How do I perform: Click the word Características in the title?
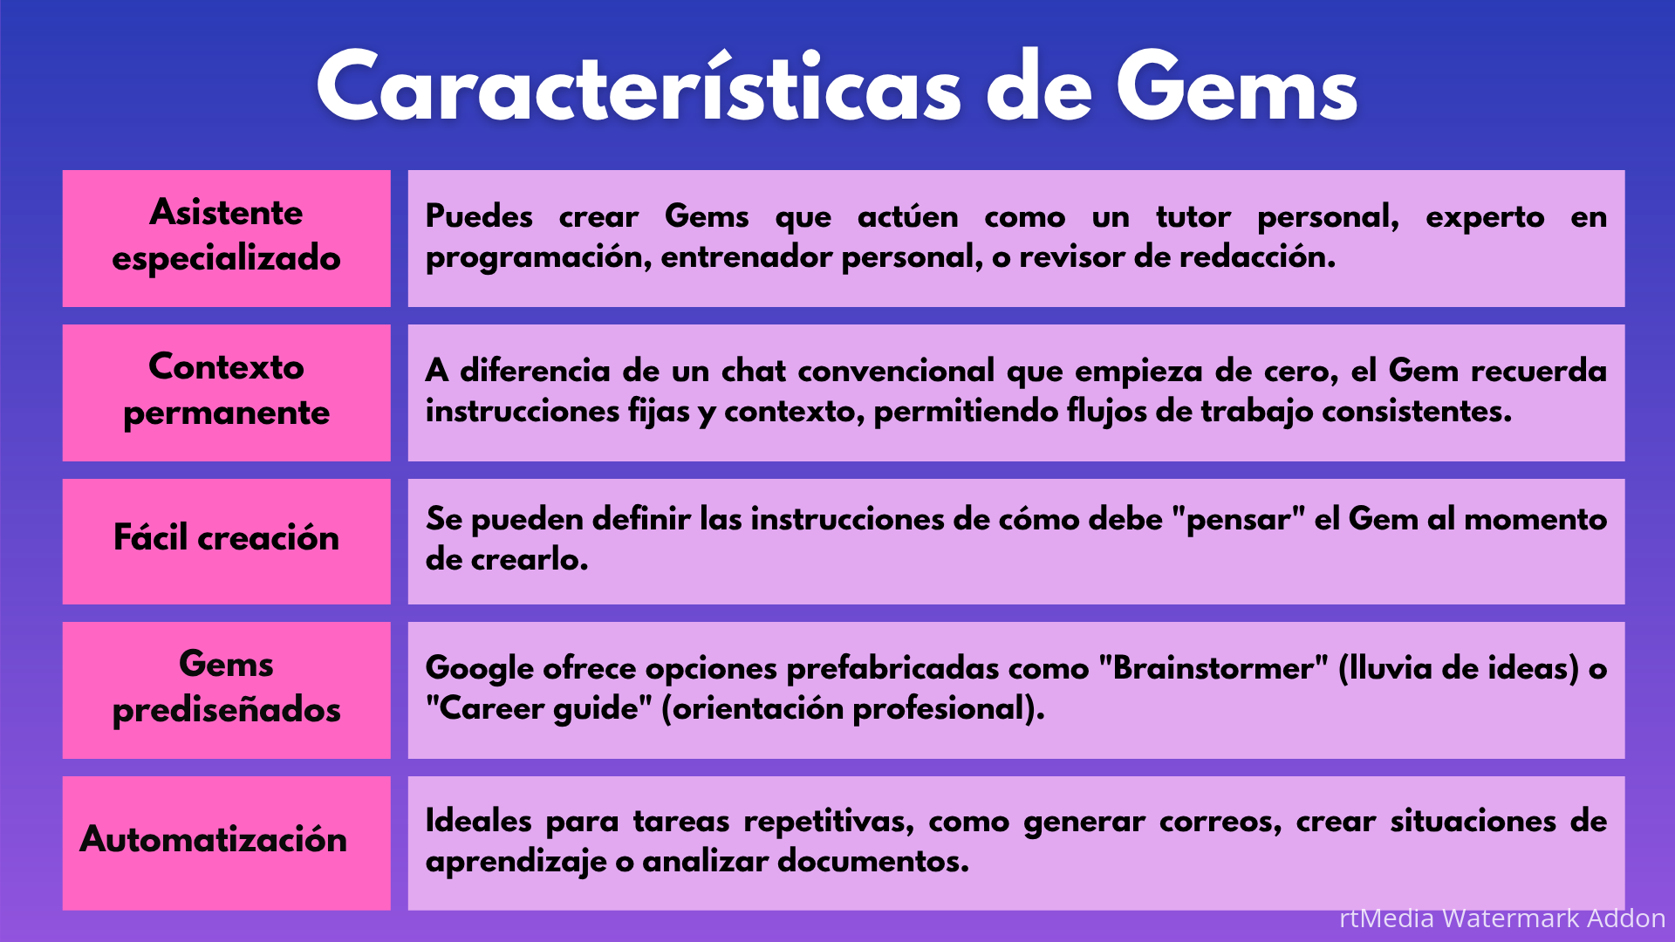[639, 85]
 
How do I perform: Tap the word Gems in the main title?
[1237, 85]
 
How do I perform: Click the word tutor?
[1193, 216]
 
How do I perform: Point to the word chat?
[755, 371]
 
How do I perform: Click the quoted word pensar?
[1239, 520]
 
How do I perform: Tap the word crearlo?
[530, 559]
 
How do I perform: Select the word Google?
[480, 669]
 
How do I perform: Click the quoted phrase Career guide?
[539, 708]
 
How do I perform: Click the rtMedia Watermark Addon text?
[1502, 918]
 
